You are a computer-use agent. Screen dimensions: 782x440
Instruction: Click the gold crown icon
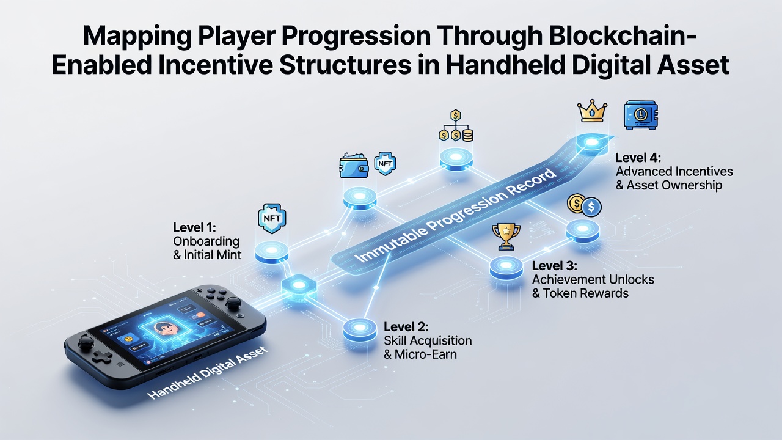(592, 111)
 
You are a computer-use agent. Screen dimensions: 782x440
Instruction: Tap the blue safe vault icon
(641, 116)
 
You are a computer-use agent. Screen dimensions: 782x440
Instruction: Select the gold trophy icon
(506, 237)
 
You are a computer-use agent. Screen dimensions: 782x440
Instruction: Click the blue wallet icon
(354, 166)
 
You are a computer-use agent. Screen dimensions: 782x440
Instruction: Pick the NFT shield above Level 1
(272, 219)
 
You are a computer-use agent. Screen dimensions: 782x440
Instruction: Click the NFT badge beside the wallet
(385, 163)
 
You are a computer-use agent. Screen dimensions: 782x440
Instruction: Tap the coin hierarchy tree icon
(456, 126)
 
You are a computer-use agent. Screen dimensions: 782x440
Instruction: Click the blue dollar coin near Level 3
(591, 207)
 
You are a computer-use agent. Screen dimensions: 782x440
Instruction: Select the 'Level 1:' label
(194, 228)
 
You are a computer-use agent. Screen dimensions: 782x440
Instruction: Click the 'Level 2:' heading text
(406, 327)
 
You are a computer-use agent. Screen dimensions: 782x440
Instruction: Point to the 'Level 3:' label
(554, 266)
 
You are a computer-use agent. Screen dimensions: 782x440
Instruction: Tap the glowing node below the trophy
(506, 268)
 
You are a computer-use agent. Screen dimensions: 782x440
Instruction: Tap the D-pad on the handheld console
(103, 358)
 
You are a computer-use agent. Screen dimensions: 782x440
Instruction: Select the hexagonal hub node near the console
(299, 285)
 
